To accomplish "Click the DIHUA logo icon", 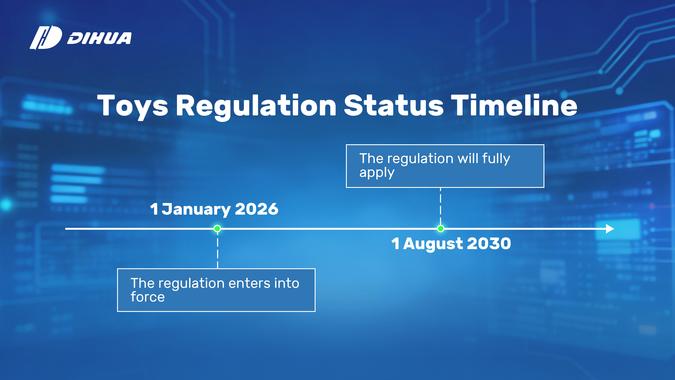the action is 46,37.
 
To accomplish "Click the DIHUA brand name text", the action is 99,38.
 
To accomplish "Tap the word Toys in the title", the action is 133,106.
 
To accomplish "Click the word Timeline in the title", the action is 514,105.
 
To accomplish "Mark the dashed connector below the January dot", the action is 217,250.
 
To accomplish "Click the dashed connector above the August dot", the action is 441,206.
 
